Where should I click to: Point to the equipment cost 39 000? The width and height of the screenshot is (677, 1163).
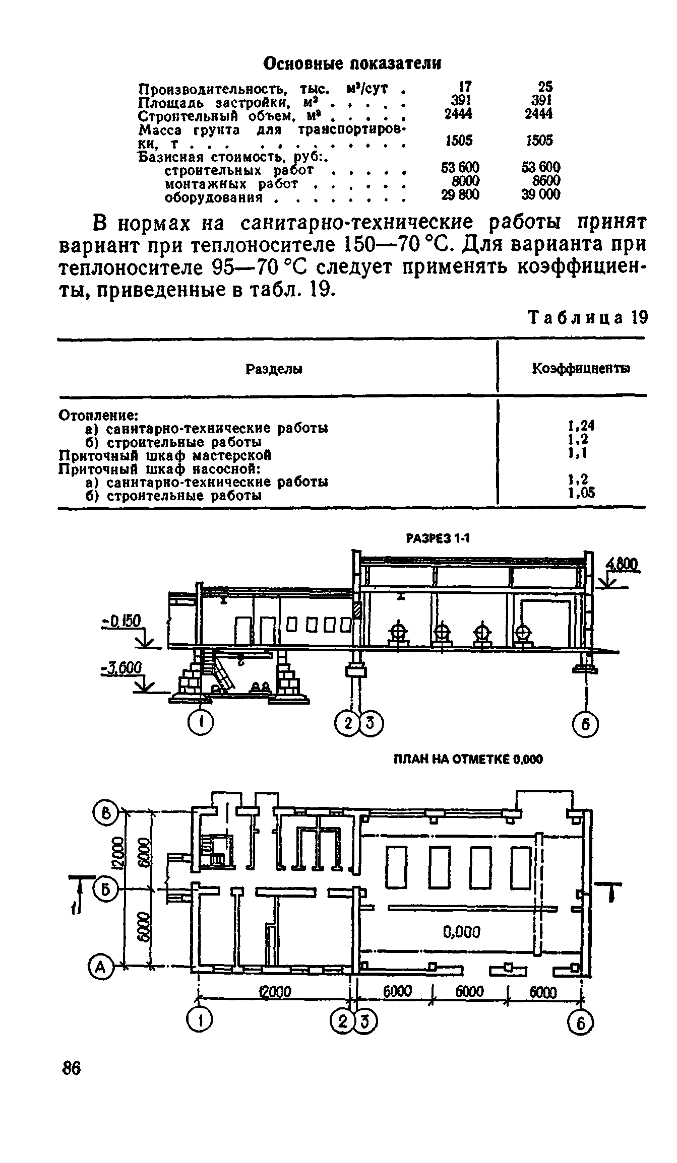pos(540,194)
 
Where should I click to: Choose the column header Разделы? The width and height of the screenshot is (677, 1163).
pos(274,369)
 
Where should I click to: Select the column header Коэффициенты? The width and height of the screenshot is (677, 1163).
pos(581,369)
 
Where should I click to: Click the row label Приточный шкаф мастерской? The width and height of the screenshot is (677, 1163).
pos(165,455)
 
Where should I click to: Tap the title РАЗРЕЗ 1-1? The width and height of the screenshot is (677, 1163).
pos(437,538)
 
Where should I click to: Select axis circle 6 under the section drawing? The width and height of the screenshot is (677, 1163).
pos(585,725)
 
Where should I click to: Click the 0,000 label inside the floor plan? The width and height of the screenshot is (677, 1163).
pos(461,932)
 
